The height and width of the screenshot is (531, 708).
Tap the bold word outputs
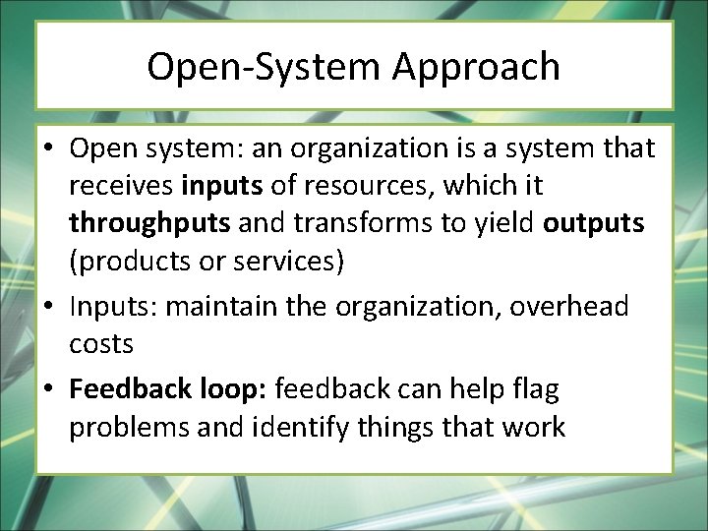click(x=594, y=222)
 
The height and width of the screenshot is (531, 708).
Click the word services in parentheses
click(x=294, y=261)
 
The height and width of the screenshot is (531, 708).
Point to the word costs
click(x=100, y=344)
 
